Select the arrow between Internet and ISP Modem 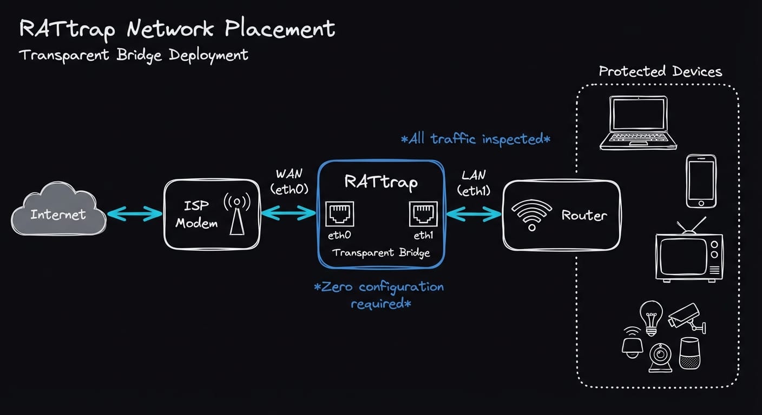[135, 214]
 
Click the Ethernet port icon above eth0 [339, 214]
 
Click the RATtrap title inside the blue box [380, 182]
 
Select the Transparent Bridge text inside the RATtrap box [380, 252]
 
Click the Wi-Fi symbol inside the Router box [531, 216]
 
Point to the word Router [584, 216]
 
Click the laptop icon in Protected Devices [638, 123]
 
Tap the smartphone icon [701, 181]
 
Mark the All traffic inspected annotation [475, 139]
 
